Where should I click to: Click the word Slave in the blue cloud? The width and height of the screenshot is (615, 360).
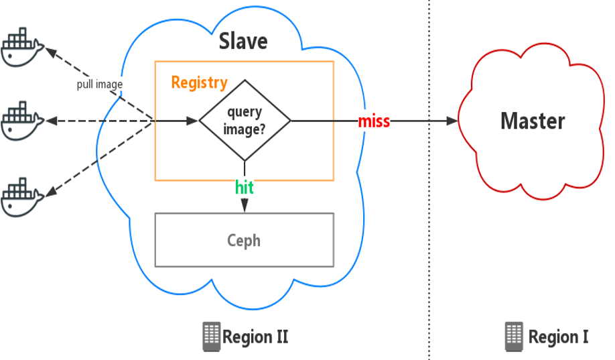point(243,42)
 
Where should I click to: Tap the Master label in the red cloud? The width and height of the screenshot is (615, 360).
point(533,121)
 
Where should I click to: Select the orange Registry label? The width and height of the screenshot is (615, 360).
point(199,82)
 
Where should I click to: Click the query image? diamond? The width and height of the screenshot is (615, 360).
point(245,121)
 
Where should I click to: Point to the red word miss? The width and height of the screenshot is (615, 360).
point(374,121)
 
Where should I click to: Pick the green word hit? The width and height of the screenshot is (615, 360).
point(245,188)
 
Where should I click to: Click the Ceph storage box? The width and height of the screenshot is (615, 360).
point(244,240)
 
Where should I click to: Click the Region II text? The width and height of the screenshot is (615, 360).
point(255,336)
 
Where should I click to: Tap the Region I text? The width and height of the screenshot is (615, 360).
point(558,336)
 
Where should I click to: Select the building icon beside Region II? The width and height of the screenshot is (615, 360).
point(211,336)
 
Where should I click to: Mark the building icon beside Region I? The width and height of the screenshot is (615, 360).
point(514,335)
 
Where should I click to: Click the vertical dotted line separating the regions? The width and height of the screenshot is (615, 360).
point(429,201)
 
